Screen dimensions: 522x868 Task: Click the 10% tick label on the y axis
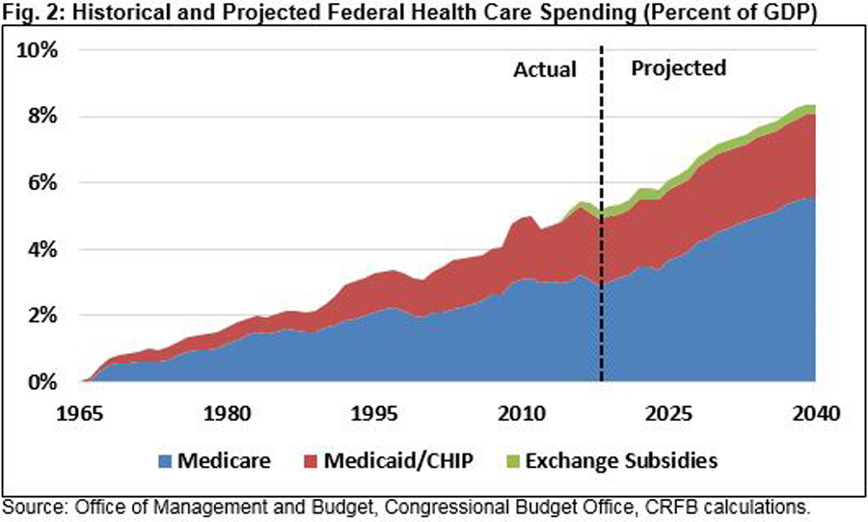[x=40, y=50]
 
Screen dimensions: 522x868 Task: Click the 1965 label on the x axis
[x=80, y=413]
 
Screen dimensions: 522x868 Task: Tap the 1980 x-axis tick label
[x=227, y=413]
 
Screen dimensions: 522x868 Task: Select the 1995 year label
[x=374, y=413]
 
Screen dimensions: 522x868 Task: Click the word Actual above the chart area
[x=544, y=70]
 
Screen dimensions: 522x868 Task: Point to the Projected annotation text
[x=677, y=69]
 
